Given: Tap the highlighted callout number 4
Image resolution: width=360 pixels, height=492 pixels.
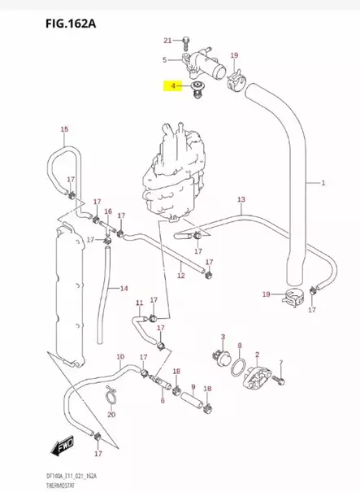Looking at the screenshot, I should pos(172,85).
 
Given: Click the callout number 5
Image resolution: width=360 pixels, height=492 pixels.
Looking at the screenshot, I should pos(164,59).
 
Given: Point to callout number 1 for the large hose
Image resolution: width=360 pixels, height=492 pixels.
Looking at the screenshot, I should pos(323,183).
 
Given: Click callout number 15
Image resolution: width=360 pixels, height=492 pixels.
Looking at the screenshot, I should pos(64,130).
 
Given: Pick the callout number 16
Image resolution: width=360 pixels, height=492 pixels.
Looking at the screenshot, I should pos(107,211).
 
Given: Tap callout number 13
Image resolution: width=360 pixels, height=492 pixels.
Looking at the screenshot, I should pos(241,199).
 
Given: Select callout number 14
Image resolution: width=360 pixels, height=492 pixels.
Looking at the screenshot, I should pos(124,288).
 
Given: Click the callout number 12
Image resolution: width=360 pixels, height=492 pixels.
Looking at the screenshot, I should pos(181,276).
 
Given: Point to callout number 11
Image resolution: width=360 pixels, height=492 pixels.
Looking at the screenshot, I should pos(139,303).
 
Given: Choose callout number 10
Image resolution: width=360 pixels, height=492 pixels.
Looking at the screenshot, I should pos(120,357).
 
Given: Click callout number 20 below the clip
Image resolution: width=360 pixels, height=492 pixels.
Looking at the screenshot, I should pos(111,415).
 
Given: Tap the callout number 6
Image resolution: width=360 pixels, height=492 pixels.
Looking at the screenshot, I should pos(163,400).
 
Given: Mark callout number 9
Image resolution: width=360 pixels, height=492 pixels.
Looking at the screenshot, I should pos(193,387).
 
